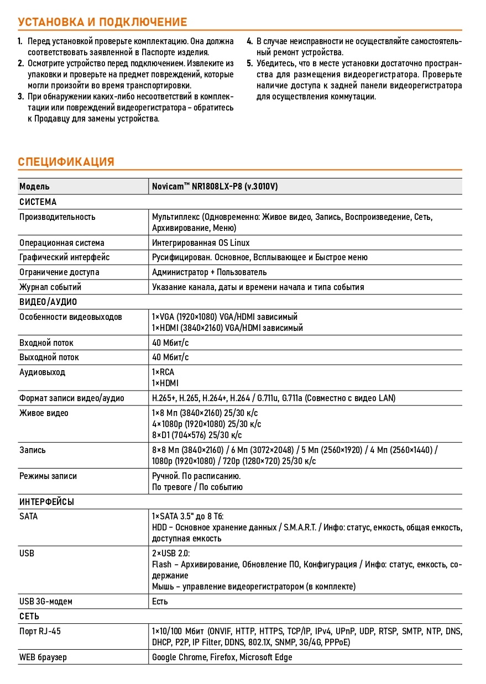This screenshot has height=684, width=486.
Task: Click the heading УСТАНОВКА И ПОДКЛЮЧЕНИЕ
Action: coord(102,22)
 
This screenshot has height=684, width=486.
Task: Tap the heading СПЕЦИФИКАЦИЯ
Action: coord(66,162)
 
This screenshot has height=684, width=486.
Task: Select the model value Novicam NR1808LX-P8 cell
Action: coord(215,187)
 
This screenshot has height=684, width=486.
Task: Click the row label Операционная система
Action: coord(61,243)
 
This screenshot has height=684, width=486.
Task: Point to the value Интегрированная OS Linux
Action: coord(201,243)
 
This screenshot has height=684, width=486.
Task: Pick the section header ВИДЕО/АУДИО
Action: coord(48,302)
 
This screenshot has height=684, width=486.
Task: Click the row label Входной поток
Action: coord(46,343)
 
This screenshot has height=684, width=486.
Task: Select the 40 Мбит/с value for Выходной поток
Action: coord(170,357)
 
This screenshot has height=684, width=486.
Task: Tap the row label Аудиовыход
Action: coord(42,372)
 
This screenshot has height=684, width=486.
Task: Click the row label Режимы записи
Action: coord(48,476)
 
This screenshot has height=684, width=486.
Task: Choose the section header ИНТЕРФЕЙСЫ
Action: coord(47,502)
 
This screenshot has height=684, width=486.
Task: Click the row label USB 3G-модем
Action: coord(46,601)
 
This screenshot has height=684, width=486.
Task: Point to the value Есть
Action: coord(160,601)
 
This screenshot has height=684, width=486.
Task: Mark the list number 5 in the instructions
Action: coord(250,63)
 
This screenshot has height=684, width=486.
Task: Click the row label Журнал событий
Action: coord(50,287)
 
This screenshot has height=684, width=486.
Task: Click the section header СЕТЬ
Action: coord(29,616)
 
